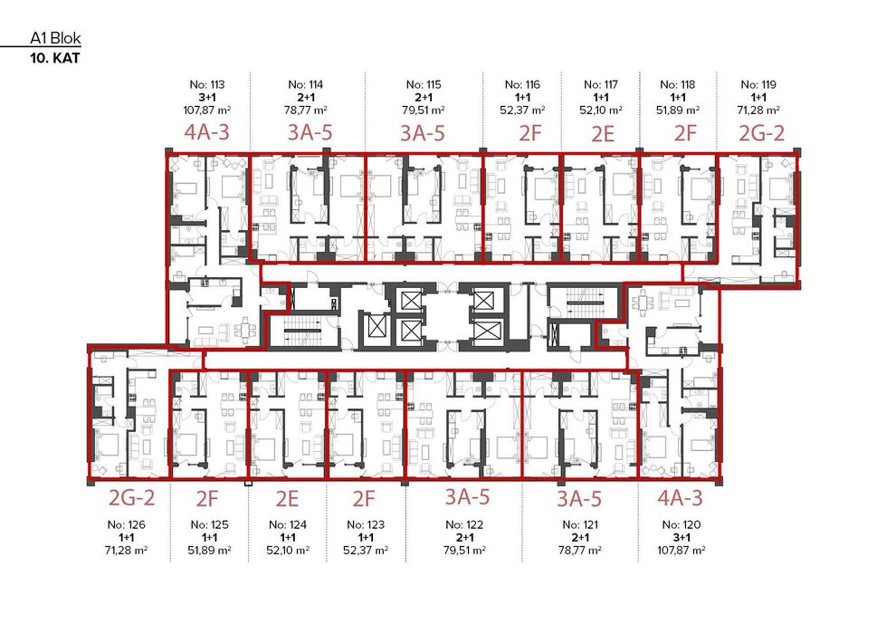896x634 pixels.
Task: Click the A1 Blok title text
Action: pyautogui.click(x=55, y=41)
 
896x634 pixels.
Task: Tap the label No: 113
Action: pyautogui.click(x=205, y=84)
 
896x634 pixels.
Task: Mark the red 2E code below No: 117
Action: pyautogui.click(x=602, y=135)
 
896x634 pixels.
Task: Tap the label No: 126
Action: pyautogui.click(x=127, y=524)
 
